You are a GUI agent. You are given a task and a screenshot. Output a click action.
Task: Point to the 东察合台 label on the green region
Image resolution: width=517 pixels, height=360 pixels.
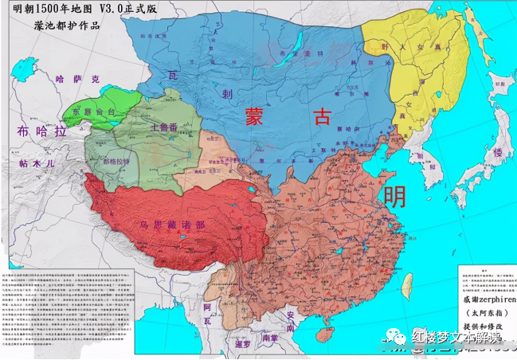95,112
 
